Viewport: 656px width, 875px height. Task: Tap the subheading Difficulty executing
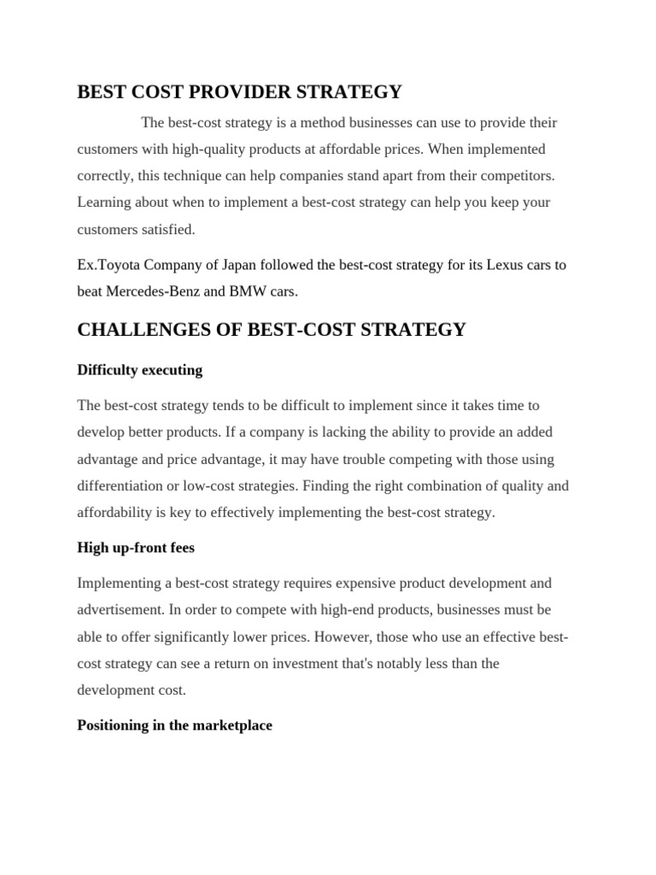tap(139, 370)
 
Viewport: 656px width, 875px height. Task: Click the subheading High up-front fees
tap(136, 548)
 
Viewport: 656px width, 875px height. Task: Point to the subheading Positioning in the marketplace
tap(174, 725)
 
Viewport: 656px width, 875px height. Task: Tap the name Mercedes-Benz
tap(154, 291)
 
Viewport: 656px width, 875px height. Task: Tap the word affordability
tap(114, 513)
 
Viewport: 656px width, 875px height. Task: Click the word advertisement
tap(121, 610)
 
